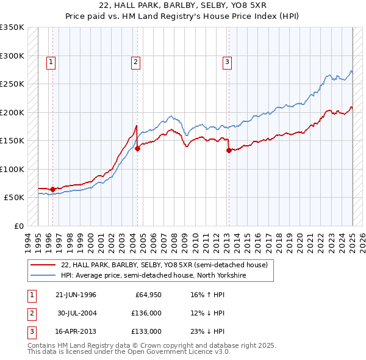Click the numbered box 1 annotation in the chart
point(51,61)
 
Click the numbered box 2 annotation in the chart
point(135,61)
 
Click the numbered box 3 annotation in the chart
point(226,61)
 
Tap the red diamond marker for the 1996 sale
point(52,189)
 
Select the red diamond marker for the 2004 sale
point(138,148)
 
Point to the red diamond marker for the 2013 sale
point(229,149)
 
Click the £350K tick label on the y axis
point(12,27)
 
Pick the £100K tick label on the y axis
point(12,169)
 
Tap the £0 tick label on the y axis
point(17,226)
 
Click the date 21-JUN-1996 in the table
point(76,295)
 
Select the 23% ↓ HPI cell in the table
point(204,331)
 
